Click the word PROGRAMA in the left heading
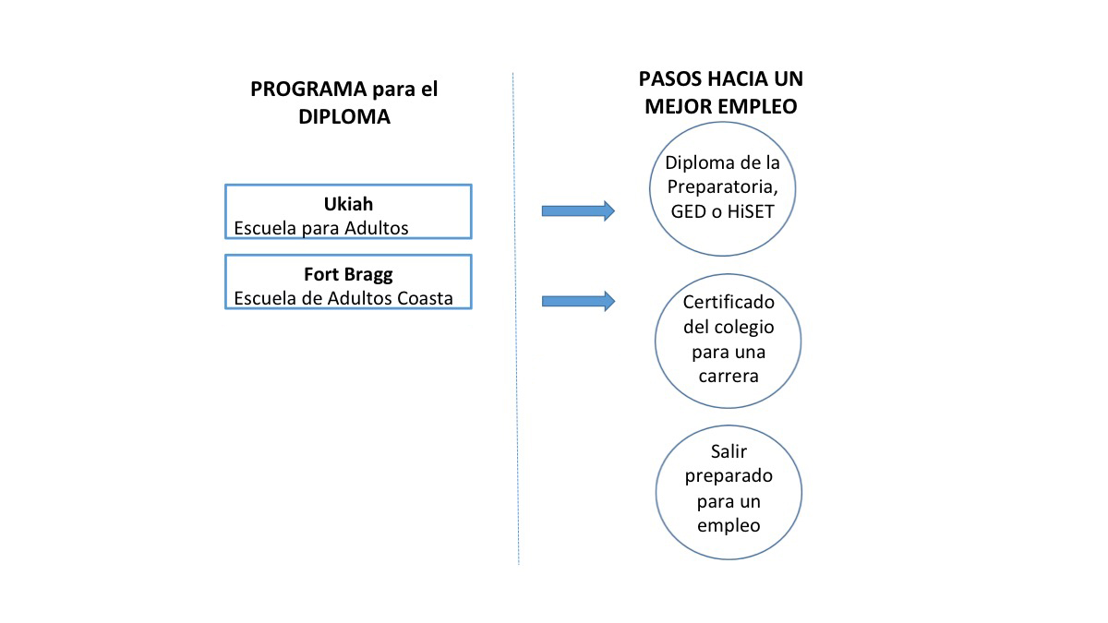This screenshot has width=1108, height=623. tap(308, 89)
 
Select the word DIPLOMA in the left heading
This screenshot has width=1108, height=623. tap(344, 116)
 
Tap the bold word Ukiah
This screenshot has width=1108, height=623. tap(348, 204)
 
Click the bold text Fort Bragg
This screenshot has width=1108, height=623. tap(348, 274)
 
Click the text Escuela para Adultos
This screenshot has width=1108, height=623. tap(321, 228)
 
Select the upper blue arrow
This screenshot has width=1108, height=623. tap(578, 211)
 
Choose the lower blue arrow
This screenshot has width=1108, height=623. tap(578, 301)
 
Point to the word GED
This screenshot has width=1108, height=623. tap(689, 211)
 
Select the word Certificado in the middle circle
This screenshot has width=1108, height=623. tap(729, 302)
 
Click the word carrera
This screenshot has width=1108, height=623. tap(729, 377)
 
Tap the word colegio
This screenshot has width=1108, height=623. tap(744, 328)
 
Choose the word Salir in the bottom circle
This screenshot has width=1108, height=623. tap(729, 451)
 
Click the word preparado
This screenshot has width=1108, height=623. tap(729, 476)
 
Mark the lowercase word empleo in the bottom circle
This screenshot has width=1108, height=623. tap(729, 526)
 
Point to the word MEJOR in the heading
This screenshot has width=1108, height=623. tap(676, 106)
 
